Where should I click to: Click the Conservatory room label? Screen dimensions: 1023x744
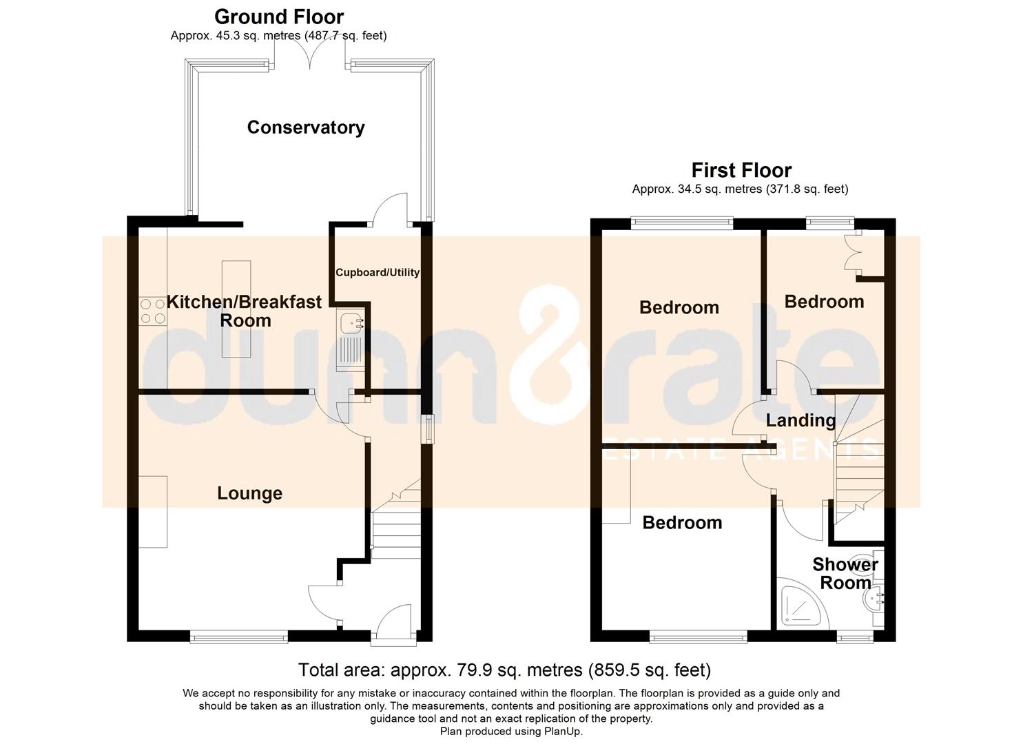click(x=306, y=127)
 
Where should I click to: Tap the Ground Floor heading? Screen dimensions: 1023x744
click(x=278, y=17)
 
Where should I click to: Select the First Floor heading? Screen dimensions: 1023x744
click(x=741, y=170)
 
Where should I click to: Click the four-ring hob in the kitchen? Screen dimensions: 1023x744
click(x=152, y=311)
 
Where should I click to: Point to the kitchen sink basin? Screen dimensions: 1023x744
click(x=351, y=322)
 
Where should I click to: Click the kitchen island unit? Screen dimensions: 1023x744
click(x=236, y=309)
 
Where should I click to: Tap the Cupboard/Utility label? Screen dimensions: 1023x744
click(x=378, y=272)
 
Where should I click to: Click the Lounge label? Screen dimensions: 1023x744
click(x=250, y=493)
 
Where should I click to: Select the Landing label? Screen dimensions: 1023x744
click(x=800, y=421)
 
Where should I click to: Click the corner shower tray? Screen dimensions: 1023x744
click(x=801, y=606)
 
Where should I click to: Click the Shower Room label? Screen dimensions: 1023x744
click(x=845, y=574)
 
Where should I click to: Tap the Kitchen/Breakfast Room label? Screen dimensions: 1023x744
click(x=245, y=311)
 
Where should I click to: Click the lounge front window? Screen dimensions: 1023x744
click(x=239, y=637)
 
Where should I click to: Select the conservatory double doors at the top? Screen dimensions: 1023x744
click(x=309, y=57)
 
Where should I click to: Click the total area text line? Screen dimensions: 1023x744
click(x=505, y=670)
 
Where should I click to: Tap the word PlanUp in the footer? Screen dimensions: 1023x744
click(x=563, y=731)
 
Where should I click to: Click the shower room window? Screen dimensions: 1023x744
click(x=855, y=637)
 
